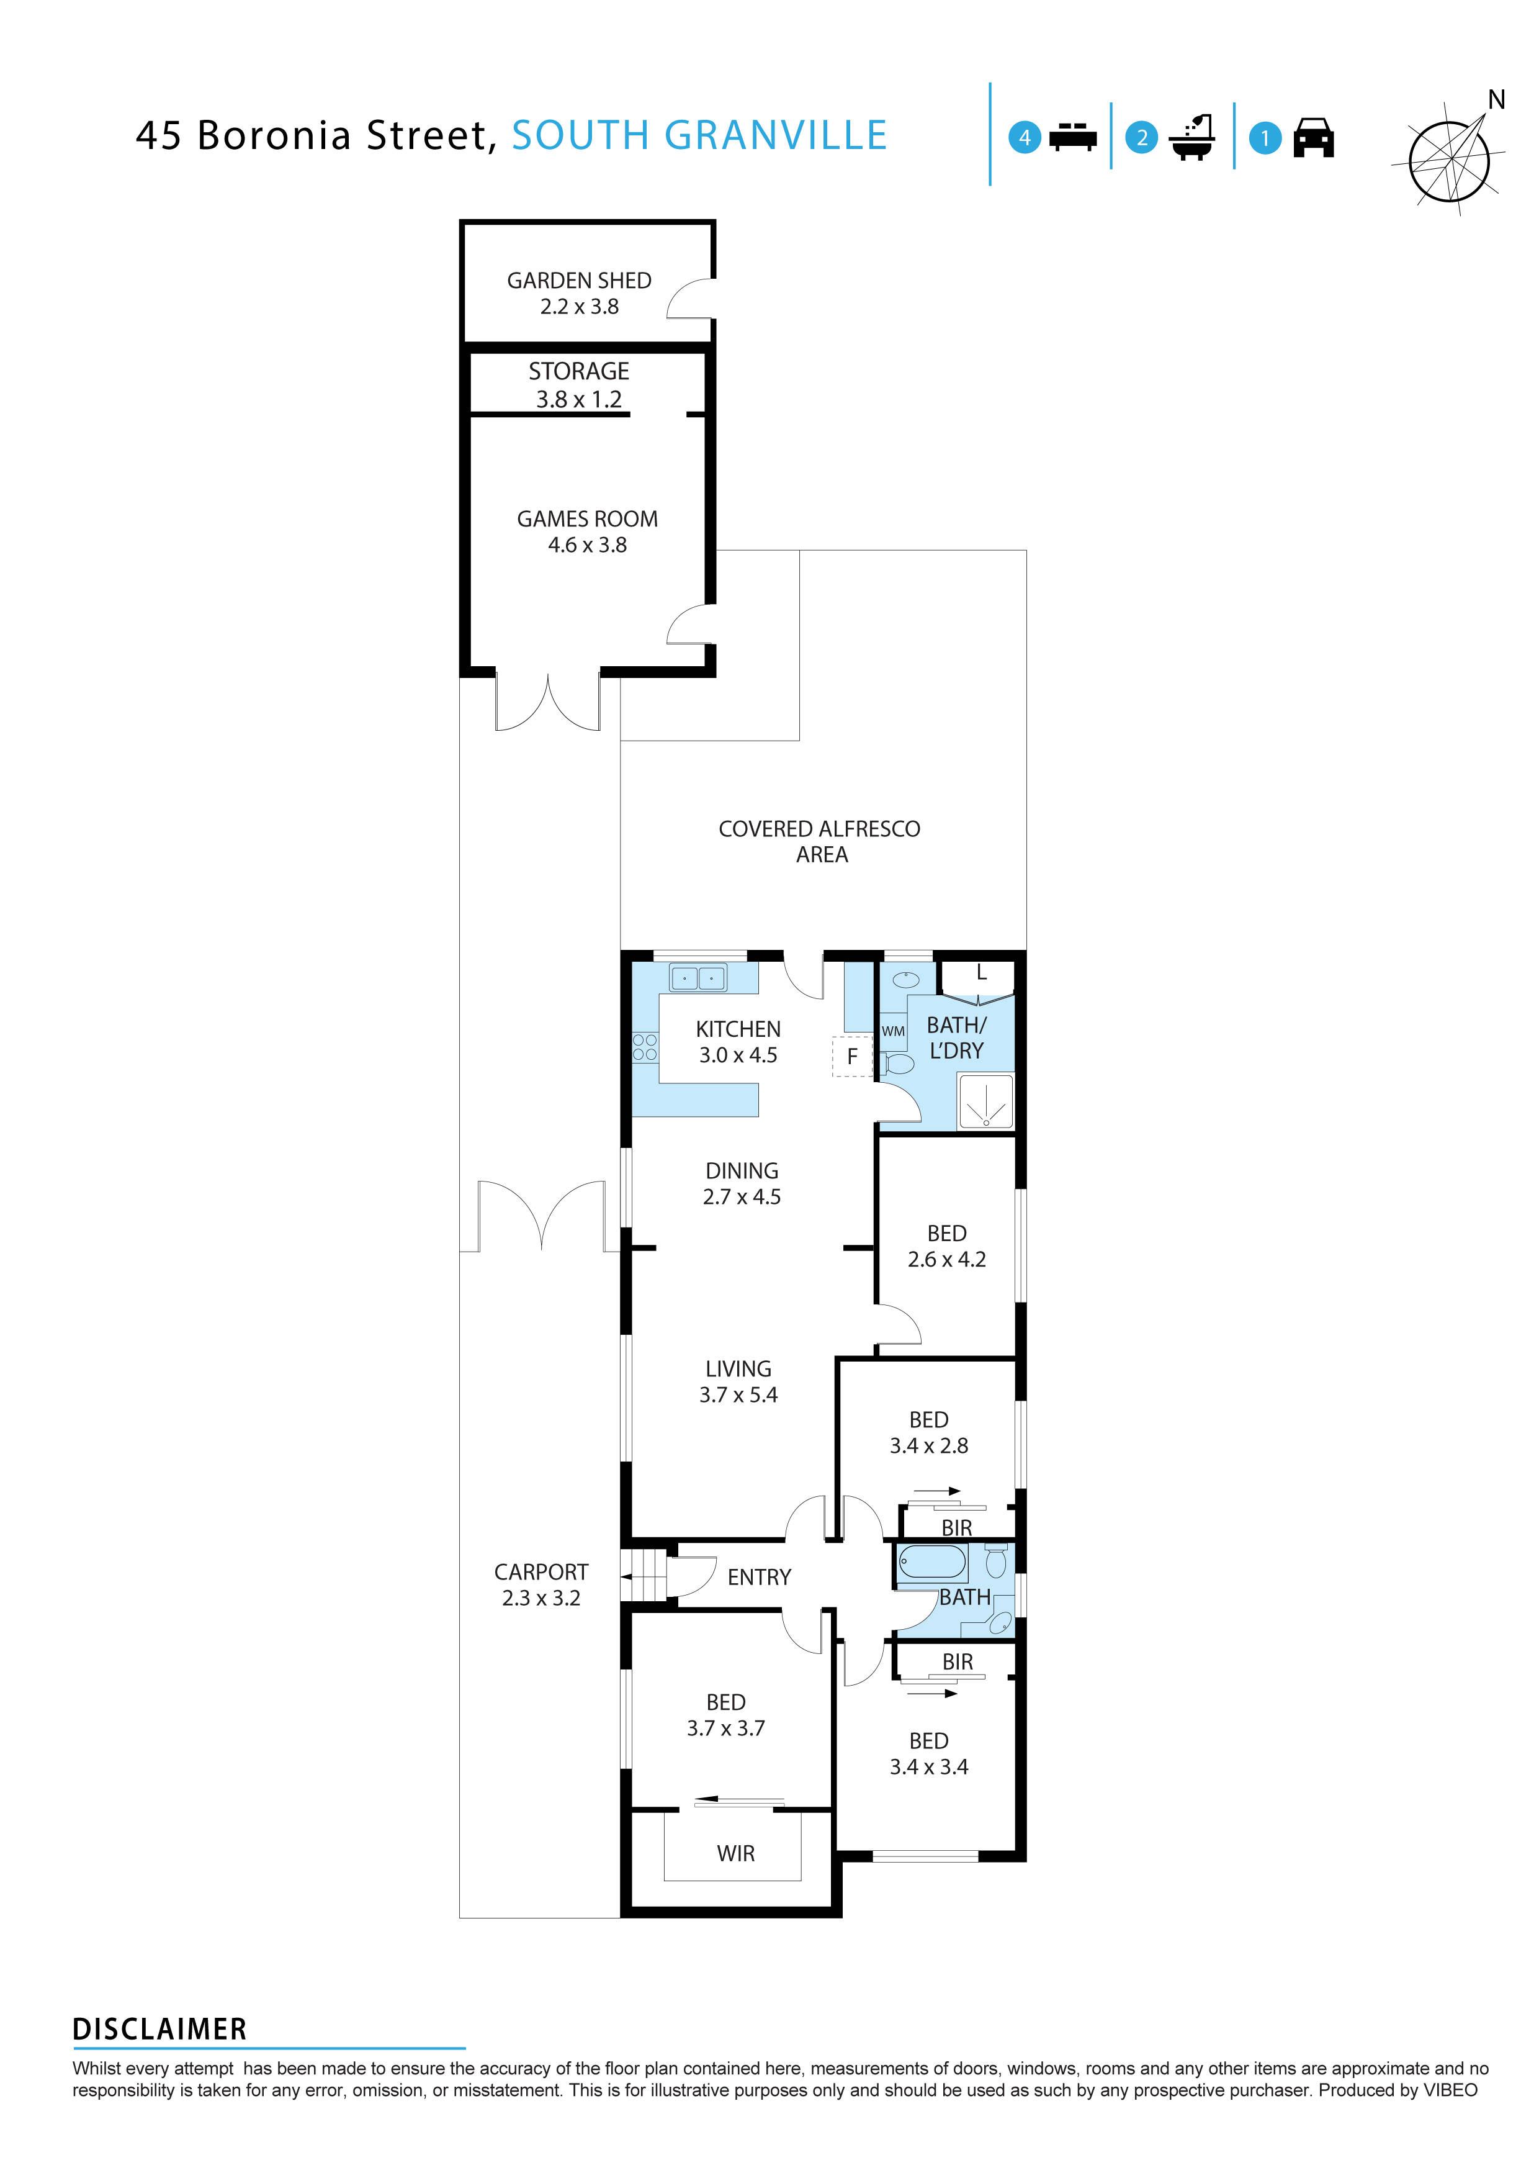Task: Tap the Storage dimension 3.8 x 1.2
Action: click(x=578, y=399)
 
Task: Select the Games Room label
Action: click(x=587, y=519)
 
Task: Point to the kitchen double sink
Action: click(x=698, y=977)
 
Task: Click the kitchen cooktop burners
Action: click(x=645, y=1047)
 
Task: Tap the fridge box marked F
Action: click(x=851, y=1057)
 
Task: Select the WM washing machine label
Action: click(x=893, y=1031)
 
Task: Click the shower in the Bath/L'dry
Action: click(x=986, y=1101)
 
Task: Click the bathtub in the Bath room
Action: click(x=932, y=1561)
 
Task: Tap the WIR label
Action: click(x=736, y=1853)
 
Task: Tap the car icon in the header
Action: click(x=1313, y=138)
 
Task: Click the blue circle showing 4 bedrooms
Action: click(x=1024, y=138)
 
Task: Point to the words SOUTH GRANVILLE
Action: click(x=699, y=135)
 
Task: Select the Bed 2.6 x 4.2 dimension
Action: click(x=946, y=1260)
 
